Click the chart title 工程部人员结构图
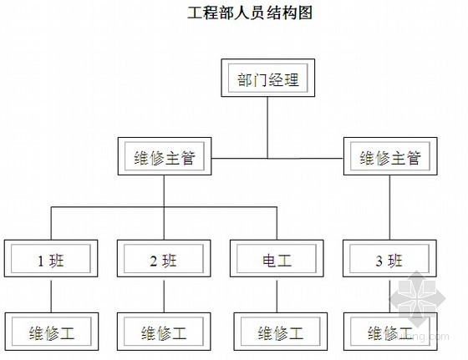coord(250,13)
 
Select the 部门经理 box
coord(267,78)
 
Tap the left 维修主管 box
coord(165,156)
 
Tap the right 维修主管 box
coord(390,156)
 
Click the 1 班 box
coord(51,258)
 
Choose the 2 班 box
coord(164,258)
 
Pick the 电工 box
coord(277,258)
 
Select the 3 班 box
coord(389,258)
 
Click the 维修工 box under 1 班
coord(52,332)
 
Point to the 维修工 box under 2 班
coord(164,332)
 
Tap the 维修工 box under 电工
coord(280,332)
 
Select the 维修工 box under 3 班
coord(390,332)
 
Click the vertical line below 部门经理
coord(267,128)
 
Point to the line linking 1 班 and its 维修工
coord(51,297)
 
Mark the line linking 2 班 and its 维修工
coord(164,297)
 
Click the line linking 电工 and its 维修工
coord(277,297)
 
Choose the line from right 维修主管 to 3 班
coord(389,207)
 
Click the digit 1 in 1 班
coord(41,261)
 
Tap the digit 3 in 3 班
coord(379,261)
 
